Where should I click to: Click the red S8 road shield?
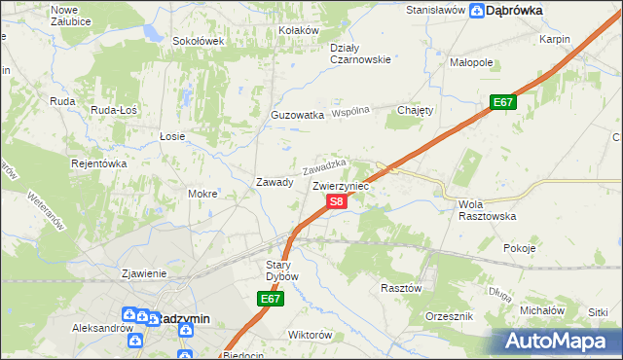click(x=335, y=201)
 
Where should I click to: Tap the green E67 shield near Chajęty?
click(x=502, y=102)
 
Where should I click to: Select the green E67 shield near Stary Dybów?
click(x=272, y=301)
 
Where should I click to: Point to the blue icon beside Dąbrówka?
click(x=476, y=12)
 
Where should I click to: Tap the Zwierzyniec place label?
click(x=341, y=184)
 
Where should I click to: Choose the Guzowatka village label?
click(x=297, y=115)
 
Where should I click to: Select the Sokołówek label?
click(x=199, y=41)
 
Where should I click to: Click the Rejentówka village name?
click(x=99, y=163)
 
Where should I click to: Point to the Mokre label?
click(x=202, y=194)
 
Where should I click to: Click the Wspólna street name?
click(x=351, y=112)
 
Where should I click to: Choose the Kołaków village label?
click(x=299, y=30)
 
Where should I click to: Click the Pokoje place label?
click(x=520, y=248)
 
